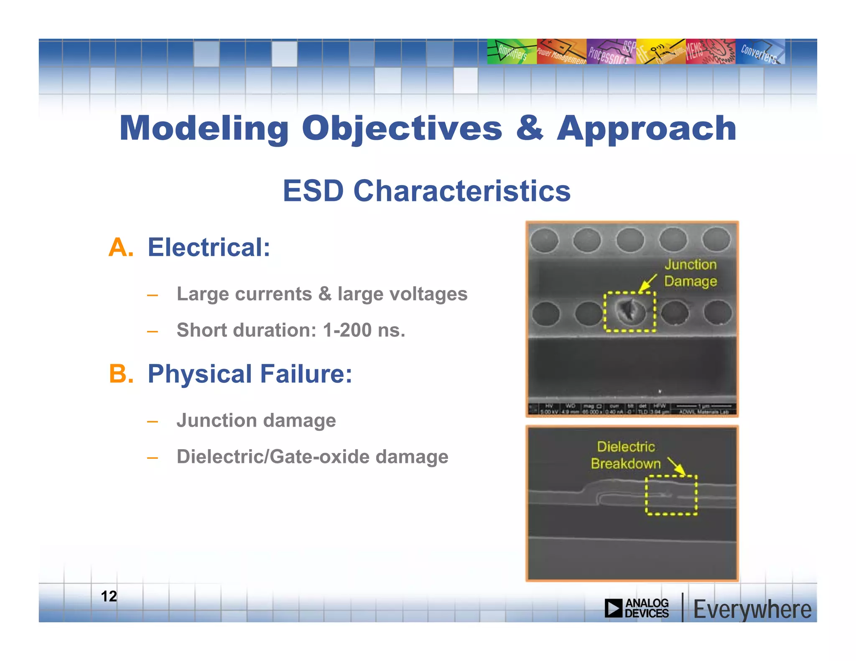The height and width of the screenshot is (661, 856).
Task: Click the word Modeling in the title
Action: (x=204, y=129)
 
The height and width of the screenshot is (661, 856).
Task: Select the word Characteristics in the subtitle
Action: (x=462, y=191)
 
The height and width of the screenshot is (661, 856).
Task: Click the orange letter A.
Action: (x=120, y=247)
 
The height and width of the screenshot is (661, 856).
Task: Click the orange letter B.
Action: (x=121, y=374)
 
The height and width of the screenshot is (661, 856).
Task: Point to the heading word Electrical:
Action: (x=209, y=247)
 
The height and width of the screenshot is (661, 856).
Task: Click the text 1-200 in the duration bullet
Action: (x=347, y=330)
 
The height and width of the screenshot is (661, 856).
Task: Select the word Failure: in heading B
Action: (x=306, y=374)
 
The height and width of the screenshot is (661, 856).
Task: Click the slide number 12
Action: (x=109, y=596)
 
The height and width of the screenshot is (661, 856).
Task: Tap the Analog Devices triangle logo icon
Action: (x=614, y=608)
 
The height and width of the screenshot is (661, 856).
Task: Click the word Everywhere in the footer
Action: (x=752, y=610)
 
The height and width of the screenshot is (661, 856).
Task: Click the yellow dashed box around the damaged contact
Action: (x=629, y=312)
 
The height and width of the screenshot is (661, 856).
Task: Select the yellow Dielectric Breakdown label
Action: (x=626, y=455)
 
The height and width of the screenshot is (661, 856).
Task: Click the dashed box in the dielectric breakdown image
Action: (x=671, y=495)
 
